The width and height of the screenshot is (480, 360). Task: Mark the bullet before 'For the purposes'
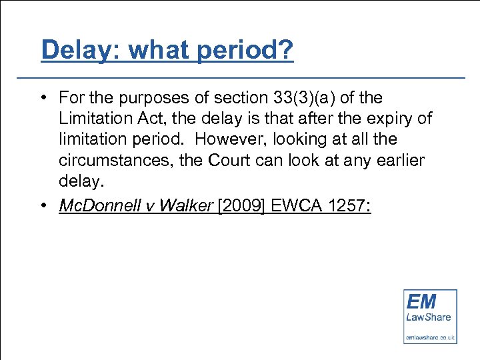point(42,99)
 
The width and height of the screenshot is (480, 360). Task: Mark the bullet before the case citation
point(42,206)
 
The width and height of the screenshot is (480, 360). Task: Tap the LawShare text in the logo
point(429,317)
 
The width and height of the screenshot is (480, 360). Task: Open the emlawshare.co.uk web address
point(430,338)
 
